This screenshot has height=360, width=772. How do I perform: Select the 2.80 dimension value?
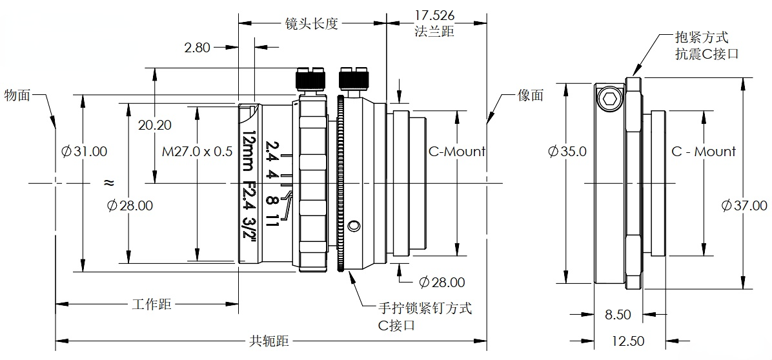click(198, 47)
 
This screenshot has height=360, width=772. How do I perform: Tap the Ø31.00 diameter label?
click(84, 152)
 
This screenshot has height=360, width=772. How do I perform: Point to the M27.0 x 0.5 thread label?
click(196, 152)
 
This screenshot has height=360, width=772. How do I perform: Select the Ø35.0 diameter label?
click(567, 152)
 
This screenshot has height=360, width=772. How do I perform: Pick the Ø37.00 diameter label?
click(745, 206)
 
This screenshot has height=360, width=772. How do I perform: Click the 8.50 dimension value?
click(618, 315)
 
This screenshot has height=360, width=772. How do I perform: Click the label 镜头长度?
click(312, 24)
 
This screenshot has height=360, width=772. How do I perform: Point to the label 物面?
click(17, 95)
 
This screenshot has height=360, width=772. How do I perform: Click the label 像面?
click(531, 95)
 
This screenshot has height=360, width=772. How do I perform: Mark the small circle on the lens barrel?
click(352, 226)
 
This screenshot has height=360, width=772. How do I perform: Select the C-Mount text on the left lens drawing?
click(456, 152)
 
